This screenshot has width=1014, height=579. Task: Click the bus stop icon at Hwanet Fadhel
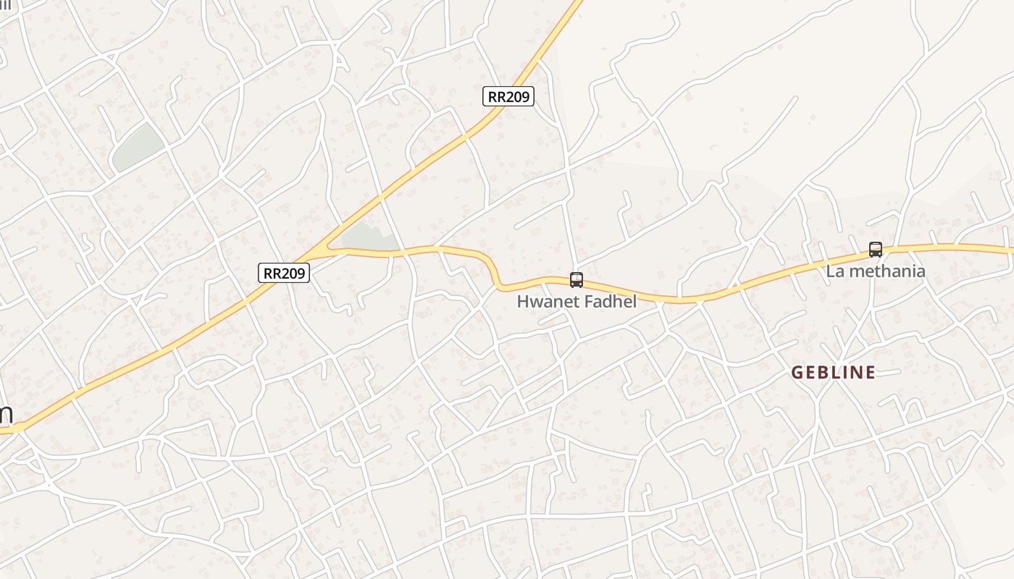coord(577,279)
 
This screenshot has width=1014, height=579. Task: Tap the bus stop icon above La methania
coord(876,250)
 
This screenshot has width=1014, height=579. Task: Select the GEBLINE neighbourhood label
coord(833,373)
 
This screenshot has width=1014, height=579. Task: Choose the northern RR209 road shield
coord(508,96)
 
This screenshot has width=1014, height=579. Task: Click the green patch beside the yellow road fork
coord(368,236)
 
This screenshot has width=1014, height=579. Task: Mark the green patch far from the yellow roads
coord(138,148)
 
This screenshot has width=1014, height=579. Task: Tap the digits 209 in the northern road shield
coord(516,96)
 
